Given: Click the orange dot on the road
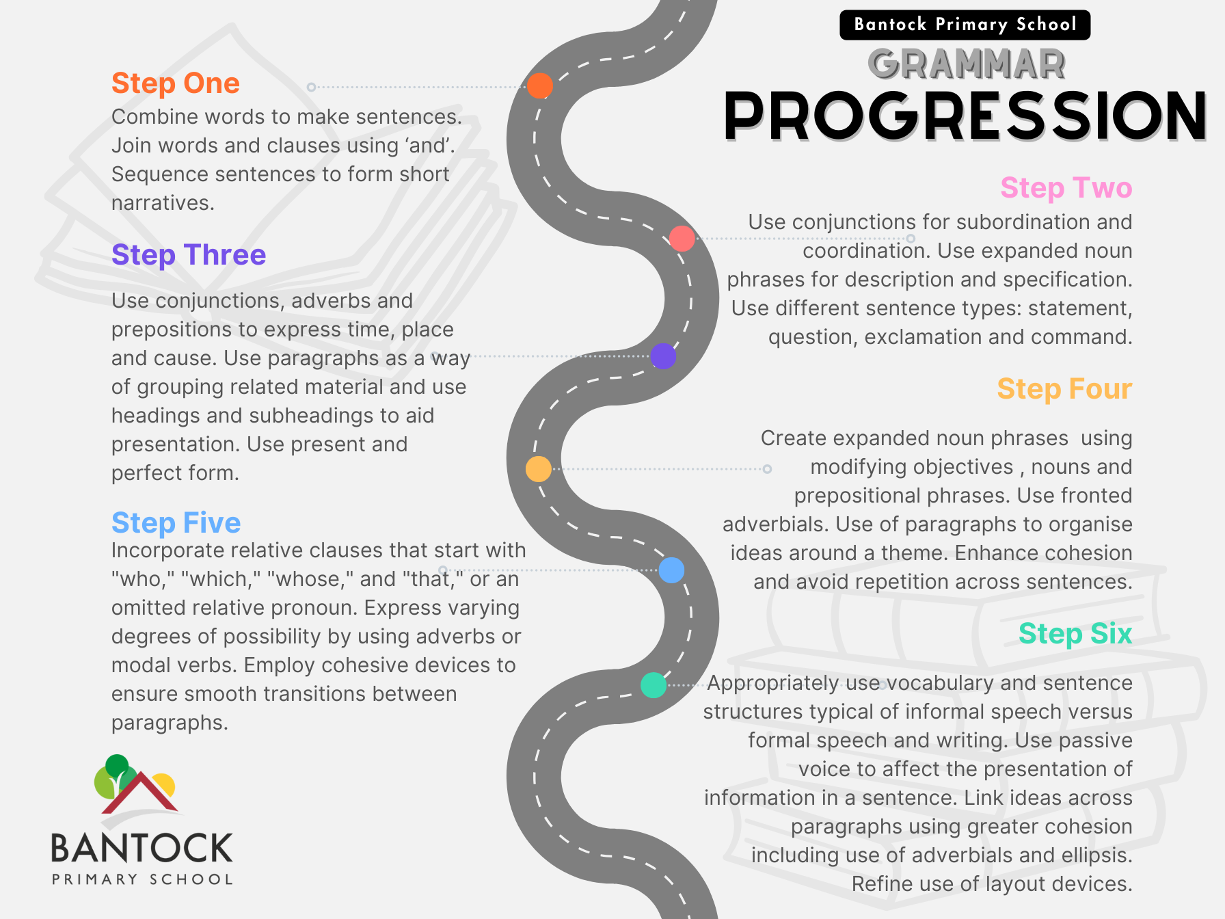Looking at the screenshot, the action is pyautogui.click(x=540, y=86).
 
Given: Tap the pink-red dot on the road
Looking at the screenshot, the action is pyautogui.click(x=682, y=239).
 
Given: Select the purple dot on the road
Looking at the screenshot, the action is pyautogui.click(x=663, y=356).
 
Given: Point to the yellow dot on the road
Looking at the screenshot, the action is pyautogui.click(x=539, y=469).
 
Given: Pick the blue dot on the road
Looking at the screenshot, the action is pyautogui.click(x=671, y=570).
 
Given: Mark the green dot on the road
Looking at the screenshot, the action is pyautogui.click(x=654, y=685).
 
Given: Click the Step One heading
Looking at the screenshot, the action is pyautogui.click(x=176, y=83).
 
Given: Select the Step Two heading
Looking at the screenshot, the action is pyautogui.click(x=1066, y=188).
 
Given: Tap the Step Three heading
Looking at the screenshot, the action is pyautogui.click(x=189, y=255).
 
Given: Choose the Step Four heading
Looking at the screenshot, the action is pyautogui.click(x=1064, y=389).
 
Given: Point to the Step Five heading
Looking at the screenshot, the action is pyautogui.click(x=176, y=523).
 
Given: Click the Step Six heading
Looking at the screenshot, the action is pyautogui.click(x=1075, y=634).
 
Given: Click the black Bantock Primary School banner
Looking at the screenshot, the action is pyautogui.click(x=965, y=25).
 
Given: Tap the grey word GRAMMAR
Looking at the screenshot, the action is pyautogui.click(x=967, y=64).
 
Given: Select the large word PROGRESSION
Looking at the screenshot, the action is pyautogui.click(x=965, y=116).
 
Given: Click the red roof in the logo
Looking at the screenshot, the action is pyautogui.click(x=140, y=794).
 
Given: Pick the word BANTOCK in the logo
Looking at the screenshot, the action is pyautogui.click(x=142, y=848).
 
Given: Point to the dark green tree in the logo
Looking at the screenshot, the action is pyautogui.click(x=117, y=766).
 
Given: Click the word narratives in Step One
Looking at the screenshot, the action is pyautogui.click(x=163, y=203).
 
